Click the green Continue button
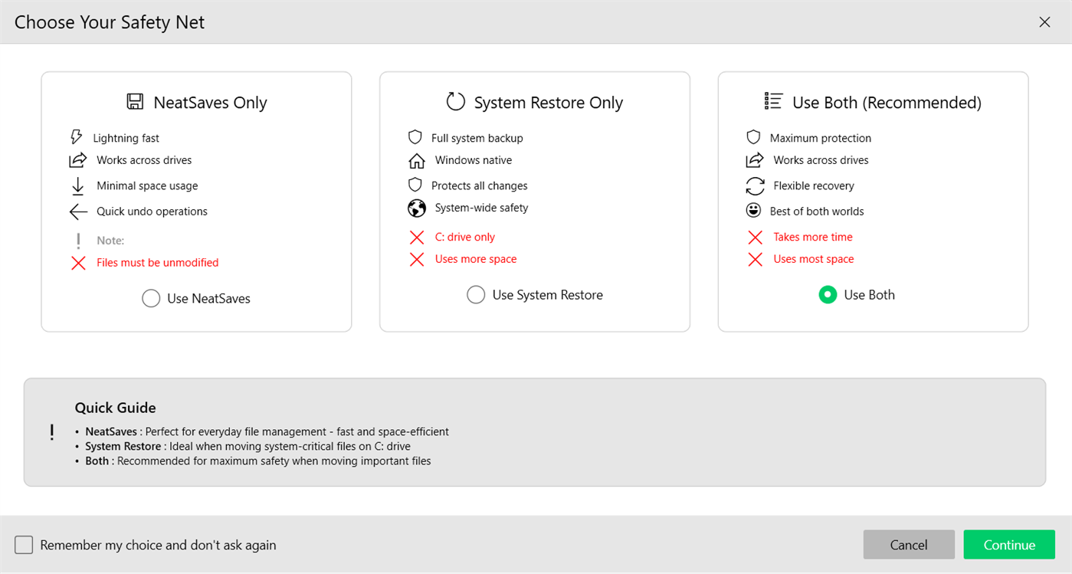(1008, 545)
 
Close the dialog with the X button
(1044, 22)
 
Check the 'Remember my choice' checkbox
(24, 545)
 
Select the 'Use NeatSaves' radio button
(151, 299)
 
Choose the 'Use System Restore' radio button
(476, 295)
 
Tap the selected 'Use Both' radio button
(828, 295)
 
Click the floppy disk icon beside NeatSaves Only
(135, 102)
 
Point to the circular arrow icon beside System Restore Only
(456, 102)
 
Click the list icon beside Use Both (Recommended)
(773, 101)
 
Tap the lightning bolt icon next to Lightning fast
(76, 137)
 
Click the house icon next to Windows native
(416, 161)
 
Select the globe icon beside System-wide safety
(416, 208)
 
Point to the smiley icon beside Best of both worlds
(753, 211)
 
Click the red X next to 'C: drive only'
(416, 238)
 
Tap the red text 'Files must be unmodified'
(157, 263)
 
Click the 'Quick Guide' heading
(115, 408)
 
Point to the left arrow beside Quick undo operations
(78, 212)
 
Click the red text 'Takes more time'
(812, 238)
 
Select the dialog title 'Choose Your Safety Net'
(110, 22)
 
